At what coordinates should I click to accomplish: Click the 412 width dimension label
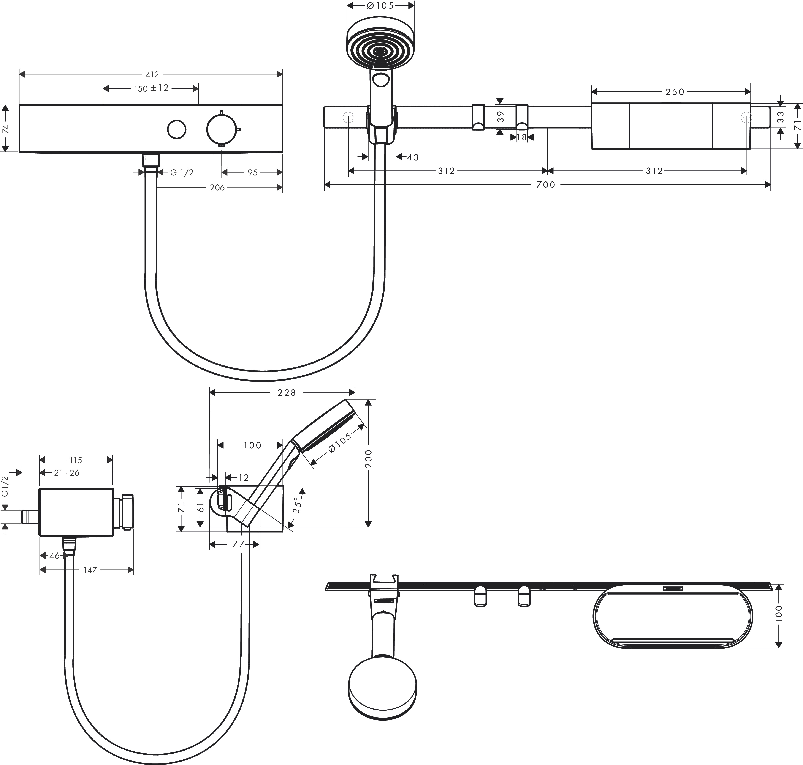[152, 75]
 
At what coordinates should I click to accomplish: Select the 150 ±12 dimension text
[151, 88]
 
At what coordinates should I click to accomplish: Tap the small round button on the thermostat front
[177, 130]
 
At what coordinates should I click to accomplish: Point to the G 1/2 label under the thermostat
[182, 173]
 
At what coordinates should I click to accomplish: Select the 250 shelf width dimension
[675, 92]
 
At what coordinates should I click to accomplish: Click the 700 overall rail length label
[546, 185]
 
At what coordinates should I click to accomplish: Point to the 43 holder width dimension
[413, 157]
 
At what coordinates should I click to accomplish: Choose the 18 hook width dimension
[521, 137]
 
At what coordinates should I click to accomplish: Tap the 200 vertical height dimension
[368, 459]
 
